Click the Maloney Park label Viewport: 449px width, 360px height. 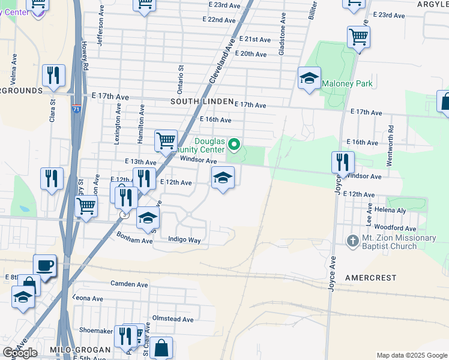[348, 84]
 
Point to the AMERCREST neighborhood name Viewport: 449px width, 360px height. [371, 278]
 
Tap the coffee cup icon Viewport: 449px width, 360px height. [44, 265]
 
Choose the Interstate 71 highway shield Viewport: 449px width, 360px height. [74, 110]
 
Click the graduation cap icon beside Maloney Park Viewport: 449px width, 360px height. [309, 79]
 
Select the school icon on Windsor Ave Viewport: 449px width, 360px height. [223, 178]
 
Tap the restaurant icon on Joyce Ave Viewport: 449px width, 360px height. [343, 162]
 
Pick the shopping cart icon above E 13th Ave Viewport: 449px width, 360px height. [166, 142]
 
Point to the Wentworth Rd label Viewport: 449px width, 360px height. [391, 137]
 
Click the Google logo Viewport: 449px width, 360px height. [20, 353]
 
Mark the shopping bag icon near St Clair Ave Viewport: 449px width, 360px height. [161, 347]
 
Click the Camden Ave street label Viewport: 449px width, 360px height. [129, 283]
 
